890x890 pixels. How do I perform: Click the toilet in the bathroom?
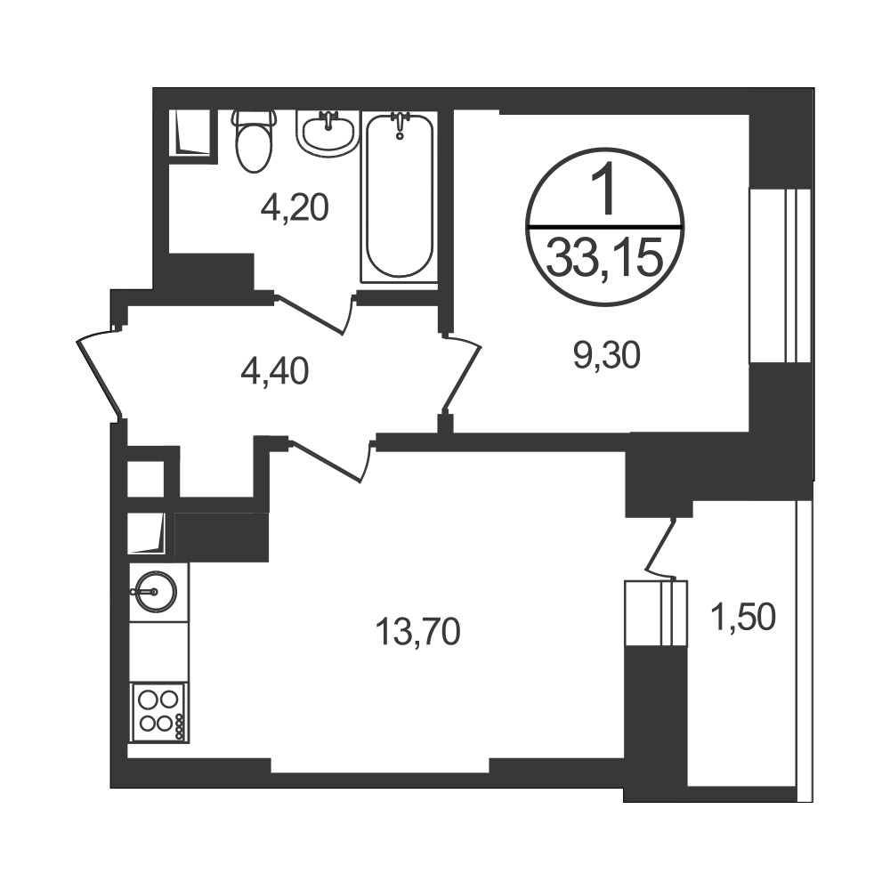254,142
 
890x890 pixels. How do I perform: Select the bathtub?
400,197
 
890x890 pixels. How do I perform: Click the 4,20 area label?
295,207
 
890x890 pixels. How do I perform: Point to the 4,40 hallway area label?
275,372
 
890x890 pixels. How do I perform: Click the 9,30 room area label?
607,357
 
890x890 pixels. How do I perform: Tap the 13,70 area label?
417,632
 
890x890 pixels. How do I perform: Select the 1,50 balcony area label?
743,617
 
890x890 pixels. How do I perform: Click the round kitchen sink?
154,592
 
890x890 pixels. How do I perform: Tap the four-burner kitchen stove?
159,712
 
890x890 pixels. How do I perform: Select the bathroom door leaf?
313,313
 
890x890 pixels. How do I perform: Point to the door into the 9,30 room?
461,371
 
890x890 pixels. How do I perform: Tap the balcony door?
659,545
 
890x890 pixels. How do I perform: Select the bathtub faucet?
400,124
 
